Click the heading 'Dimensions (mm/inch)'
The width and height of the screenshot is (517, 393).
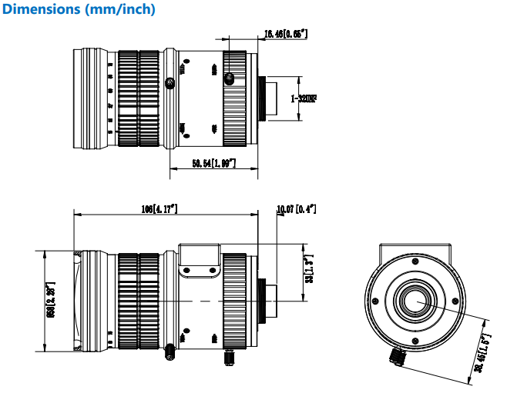79,10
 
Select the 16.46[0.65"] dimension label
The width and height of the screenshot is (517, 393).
285,34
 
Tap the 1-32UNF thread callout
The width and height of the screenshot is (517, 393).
304,98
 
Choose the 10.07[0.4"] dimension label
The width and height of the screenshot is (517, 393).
297,209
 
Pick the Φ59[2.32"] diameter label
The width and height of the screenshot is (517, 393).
52,300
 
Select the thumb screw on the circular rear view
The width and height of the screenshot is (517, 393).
398,355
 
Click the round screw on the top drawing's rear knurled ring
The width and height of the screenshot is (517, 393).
229,78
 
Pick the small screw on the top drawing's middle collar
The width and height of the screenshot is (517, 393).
170,82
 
